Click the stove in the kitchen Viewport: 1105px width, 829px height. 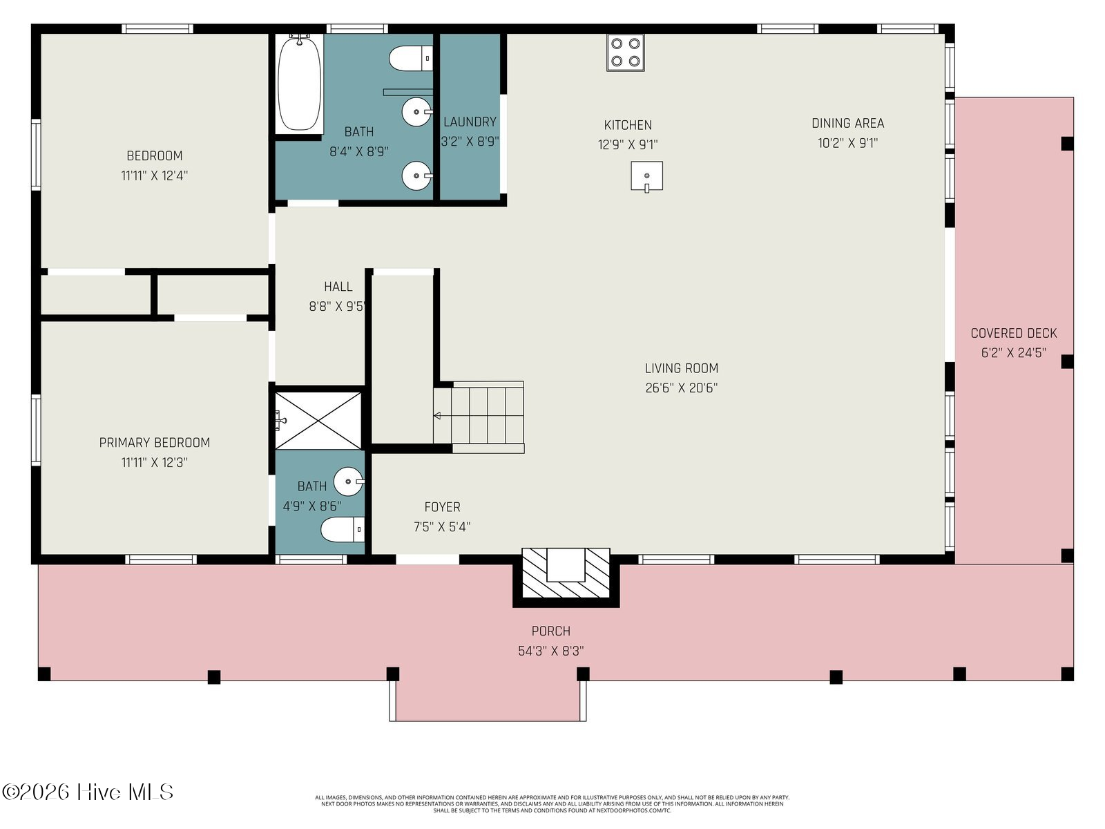pos(625,53)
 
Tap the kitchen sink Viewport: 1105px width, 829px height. pos(646,176)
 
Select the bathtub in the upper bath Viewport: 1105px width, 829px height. pos(299,83)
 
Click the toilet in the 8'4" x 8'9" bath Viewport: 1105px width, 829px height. pos(411,59)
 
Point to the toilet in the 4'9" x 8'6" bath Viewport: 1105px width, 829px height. pos(343,529)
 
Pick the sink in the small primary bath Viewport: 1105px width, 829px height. pos(349,482)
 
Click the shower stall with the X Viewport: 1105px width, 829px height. pos(318,421)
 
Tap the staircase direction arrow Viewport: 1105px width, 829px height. pos(437,416)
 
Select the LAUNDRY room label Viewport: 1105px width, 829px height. pos(470,122)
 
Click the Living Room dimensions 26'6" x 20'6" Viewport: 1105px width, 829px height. pos(681,388)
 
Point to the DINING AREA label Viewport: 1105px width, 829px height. pos(848,124)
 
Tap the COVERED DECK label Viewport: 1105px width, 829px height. pos(1013,333)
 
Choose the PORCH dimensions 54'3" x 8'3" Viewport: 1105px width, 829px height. pos(550,651)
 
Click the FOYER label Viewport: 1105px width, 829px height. pos(442,507)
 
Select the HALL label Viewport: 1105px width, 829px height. pos(338,287)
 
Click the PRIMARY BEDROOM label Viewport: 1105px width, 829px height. pos(154,442)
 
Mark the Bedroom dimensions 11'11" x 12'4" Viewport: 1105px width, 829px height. pos(154,175)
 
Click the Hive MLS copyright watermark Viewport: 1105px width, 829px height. pos(88,792)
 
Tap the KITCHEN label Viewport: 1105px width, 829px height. pos(628,125)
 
